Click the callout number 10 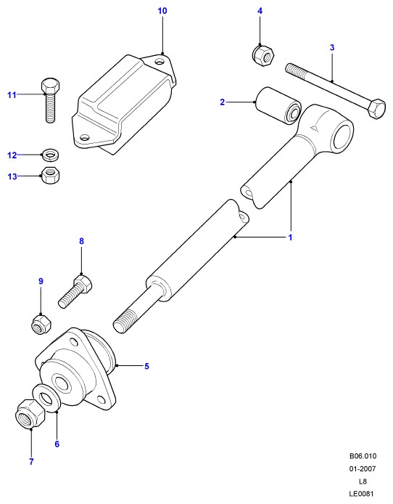(x=162, y=11)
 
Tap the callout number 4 (x=260, y=11)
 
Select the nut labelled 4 (x=263, y=55)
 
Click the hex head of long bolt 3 (x=376, y=109)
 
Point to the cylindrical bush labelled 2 (x=278, y=105)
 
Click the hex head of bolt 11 (x=51, y=86)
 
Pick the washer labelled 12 (x=51, y=155)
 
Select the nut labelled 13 (x=51, y=175)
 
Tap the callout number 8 (x=81, y=241)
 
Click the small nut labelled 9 (x=42, y=325)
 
